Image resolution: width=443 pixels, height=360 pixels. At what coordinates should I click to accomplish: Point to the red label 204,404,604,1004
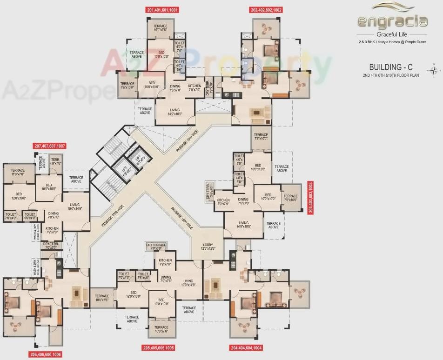click(x=246, y=347)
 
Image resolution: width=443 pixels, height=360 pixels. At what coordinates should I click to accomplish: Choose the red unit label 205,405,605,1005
click(x=158, y=347)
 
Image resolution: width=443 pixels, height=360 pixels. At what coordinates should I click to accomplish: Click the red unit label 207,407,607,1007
click(x=50, y=146)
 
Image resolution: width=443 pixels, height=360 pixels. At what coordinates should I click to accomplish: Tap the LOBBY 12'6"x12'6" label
click(x=208, y=247)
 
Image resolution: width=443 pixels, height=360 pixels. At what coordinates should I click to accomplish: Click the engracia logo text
click(x=392, y=21)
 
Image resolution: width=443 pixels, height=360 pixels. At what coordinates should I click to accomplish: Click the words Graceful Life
click(x=392, y=34)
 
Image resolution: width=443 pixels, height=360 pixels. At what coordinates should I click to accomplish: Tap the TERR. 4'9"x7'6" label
click(x=55, y=161)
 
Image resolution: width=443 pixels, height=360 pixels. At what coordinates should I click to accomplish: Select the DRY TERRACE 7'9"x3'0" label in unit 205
click(x=156, y=246)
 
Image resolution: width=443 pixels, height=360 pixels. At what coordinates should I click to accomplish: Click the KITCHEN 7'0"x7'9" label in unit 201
click(x=195, y=87)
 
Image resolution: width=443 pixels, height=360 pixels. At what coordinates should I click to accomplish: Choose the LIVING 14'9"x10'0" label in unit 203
click(x=244, y=225)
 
